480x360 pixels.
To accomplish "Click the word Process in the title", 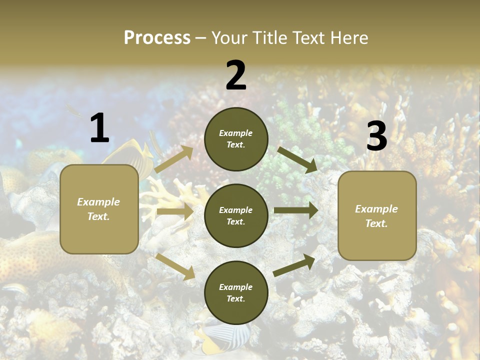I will (x=157, y=38).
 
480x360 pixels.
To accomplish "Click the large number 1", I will (x=99, y=128).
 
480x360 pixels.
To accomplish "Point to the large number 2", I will (x=236, y=75).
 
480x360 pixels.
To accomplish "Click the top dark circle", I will (x=236, y=139).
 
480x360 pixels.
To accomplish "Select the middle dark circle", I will (x=236, y=215).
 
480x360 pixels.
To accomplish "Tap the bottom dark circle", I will (x=236, y=292).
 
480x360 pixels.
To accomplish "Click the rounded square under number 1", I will (x=99, y=209).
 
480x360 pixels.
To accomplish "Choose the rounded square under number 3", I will (x=377, y=215).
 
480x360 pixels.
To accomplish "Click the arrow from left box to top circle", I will (x=174, y=159).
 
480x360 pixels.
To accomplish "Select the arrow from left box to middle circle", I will (x=174, y=211).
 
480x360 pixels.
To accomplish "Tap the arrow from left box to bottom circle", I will (x=175, y=266).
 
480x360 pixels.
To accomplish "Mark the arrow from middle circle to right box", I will (x=295, y=210).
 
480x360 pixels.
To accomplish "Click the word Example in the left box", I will (x=98, y=202).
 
